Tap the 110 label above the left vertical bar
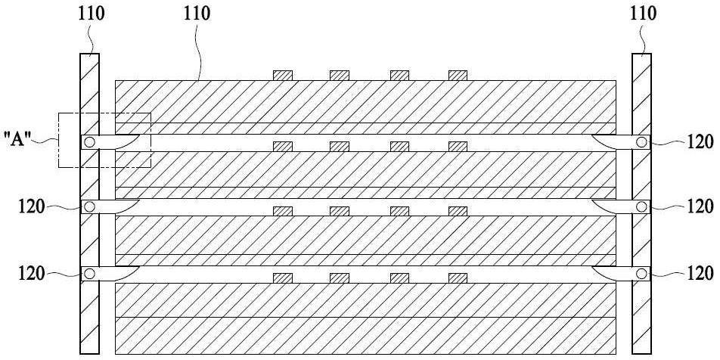point(91,14)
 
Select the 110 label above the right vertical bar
point(643,14)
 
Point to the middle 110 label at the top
point(197,14)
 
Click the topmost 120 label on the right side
point(700,142)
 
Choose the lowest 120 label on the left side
point(32,274)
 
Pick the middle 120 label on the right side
point(700,206)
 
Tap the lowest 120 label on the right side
point(700,274)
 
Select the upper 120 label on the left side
point(32,206)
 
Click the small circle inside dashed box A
point(89,142)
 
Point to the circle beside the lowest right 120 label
point(641,274)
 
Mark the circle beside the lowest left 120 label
point(89,274)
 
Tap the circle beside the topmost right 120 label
point(641,142)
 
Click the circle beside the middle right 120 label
point(641,207)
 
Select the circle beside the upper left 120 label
point(89,207)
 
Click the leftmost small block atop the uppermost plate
point(283,76)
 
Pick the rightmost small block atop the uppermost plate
point(458,76)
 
